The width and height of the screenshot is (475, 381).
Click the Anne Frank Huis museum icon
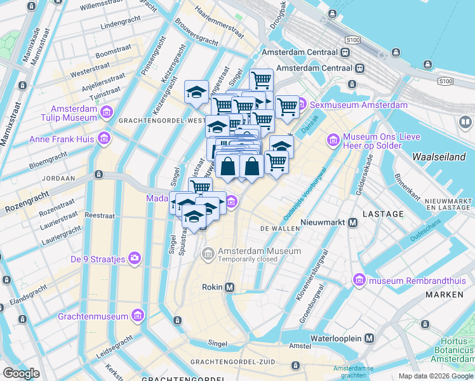tap(104, 138)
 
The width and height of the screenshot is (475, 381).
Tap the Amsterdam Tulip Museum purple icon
tap(106, 113)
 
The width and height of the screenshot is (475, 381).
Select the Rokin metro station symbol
tap(229, 287)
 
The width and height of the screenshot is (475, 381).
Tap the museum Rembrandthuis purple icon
tap(359, 279)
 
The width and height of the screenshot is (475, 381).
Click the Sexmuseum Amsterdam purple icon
tap(302, 105)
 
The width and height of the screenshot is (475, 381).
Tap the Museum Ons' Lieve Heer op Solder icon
tap(333, 139)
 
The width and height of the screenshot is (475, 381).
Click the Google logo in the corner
tap(21, 373)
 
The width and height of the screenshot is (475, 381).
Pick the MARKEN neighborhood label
tap(445, 295)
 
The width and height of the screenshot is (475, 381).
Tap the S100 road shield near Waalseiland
tap(446, 81)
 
